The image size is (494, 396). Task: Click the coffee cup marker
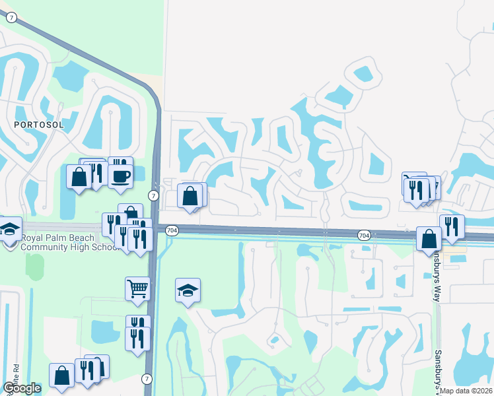[120, 176]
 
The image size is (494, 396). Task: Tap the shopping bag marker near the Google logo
[61, 376]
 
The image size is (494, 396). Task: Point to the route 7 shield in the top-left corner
[11, 18]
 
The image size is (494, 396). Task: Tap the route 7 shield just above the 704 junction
[153, 196]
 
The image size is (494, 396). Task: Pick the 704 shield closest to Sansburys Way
[364, 235]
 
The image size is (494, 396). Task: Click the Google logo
[22, 388]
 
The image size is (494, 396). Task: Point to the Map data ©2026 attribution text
[466, 391]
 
